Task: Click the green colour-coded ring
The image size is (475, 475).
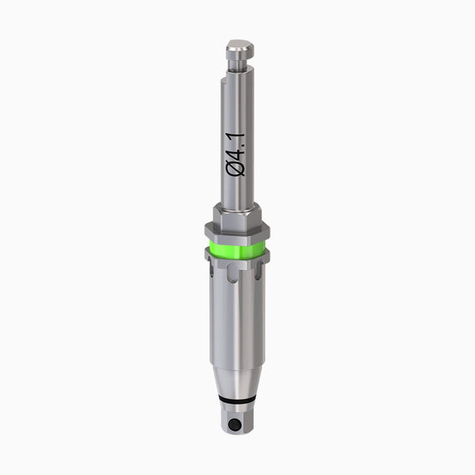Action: pos(237,250)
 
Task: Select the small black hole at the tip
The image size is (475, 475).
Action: pos(234,425)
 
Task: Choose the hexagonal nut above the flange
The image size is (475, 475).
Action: pos(237,216)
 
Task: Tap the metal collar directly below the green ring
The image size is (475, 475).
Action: pos(237,264)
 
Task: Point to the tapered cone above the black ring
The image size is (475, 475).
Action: pos(236,372)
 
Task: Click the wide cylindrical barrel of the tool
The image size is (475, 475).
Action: pos(236,325)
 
